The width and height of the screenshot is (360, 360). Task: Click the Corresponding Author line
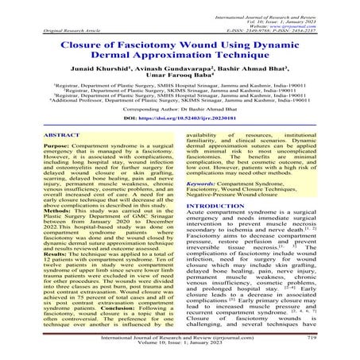180,110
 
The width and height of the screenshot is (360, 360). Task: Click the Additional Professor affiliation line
180,102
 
